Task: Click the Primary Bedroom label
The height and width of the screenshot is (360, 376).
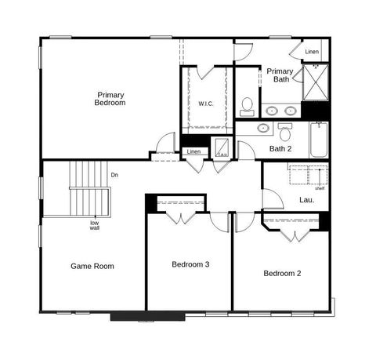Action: click(110, 99)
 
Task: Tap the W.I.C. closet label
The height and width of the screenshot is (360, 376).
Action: click(206, 104)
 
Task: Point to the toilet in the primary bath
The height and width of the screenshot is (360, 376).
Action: click(247, 104)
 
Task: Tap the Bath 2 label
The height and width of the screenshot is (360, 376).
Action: click(280, 148)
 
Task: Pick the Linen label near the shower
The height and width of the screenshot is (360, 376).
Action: click(312, 52)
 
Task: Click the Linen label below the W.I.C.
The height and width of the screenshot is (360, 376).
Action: click(193, 151)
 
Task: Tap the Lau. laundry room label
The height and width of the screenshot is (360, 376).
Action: click(307, 200)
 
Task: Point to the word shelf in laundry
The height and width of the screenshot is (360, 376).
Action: click(320, 188)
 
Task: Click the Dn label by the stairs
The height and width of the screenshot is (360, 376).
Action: click(114, 175)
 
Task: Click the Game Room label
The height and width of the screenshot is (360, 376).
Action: click(92, 266)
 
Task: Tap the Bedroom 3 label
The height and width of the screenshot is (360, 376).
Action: click(190, 264)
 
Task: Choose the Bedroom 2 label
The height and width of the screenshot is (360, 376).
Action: click(282, 273)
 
